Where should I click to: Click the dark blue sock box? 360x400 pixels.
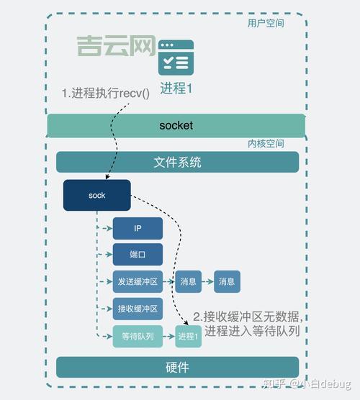(x=96, y=196)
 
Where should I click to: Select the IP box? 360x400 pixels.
(x=138, y=229)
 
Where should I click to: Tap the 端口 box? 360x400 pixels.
(x=138, y=255)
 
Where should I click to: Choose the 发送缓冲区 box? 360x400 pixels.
(x=138, y=282)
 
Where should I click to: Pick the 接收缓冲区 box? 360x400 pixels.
(x=138, y=309)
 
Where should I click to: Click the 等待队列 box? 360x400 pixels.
(x=138, y=337)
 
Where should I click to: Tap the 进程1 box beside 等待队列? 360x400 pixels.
(x=188, y=337)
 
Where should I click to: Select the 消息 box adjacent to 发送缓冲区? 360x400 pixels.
(x=188, y=282)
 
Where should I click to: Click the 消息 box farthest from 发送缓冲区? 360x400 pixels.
(x=227, y=282)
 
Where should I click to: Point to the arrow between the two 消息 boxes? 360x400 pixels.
(x=207, y=282)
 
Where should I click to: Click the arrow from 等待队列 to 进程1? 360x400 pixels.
(x=168, y=337)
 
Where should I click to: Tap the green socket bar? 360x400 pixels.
(x=176, y=125)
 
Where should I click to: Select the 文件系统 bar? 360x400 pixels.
(x=177, y=162)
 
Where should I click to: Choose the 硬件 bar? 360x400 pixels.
(x=177, y=367)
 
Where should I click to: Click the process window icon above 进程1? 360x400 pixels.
(x=176, y=58)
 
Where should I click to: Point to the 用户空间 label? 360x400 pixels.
(x=266, y=23)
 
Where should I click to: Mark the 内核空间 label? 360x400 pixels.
(x=266, y=144)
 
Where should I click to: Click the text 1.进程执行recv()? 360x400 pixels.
(x=105, y=93)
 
